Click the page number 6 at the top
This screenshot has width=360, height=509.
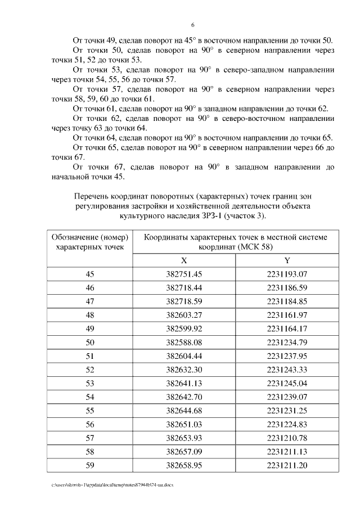pyautogui.click(x=193, y=25)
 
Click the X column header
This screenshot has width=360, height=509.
pyautogui.click(x=184, y=261)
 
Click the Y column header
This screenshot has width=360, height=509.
pyautogui.click(x=287, y=261)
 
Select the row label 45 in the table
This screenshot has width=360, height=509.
pyautogui.click(x=90, y=274)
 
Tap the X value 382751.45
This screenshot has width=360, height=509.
pyautogui.click(x=184, y=274)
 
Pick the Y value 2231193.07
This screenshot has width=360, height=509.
pyautogui.click(x=287, y=274)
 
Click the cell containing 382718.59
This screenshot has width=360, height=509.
pyautogui.click(x=184, y=301)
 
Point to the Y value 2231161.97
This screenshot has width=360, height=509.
pyautogui.click(x=287, y=315)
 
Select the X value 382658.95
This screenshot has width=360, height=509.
pyautogui.click(x=184, y=465)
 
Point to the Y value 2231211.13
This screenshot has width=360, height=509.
pyautogui.click(x=287, y=452)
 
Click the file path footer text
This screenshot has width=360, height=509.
pyautogui.click(x=112, y=485)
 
